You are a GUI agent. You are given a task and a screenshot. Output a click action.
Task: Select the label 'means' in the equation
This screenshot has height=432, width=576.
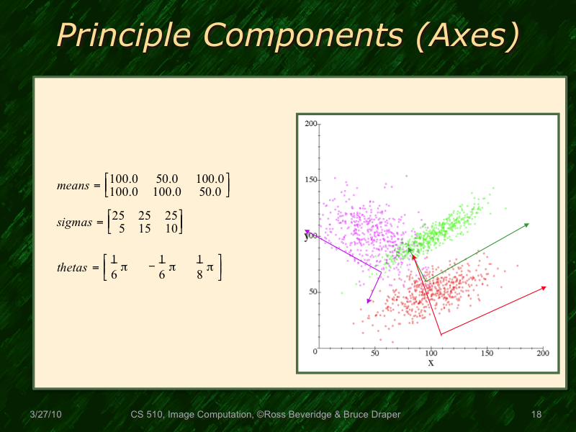click(x=72, y=185)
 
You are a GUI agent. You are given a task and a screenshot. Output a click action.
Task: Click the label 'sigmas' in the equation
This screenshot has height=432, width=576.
click(x=74, y=222)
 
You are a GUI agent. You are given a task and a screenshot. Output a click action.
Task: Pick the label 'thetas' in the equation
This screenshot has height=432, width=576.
click(x=73, y=268)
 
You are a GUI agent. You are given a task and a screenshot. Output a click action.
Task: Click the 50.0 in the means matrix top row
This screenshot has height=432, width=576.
click(x=166, y=178)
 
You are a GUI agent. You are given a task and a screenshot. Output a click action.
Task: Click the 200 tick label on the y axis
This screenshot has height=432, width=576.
click(x=310, y=124)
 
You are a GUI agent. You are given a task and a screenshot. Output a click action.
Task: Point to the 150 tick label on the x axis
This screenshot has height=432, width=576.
click(x=487, y=354)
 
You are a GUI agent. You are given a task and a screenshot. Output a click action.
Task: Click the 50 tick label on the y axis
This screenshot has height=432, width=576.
click(x=312, y=292)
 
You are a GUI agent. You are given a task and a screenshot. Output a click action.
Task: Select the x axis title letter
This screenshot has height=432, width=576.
click(x=431, y=363)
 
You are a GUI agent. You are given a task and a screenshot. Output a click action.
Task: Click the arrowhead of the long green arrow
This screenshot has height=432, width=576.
click(x=527, y=225)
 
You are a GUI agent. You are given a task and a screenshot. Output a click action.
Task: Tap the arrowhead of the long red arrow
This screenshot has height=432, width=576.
click(x=544, y=288)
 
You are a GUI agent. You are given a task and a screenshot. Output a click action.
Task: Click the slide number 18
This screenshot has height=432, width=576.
click(x=536, y=415)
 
